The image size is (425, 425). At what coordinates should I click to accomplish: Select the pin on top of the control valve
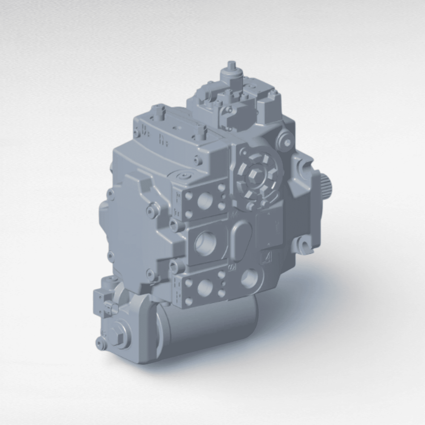coord(232,66)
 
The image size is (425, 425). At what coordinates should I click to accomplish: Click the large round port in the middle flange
coord(206,243)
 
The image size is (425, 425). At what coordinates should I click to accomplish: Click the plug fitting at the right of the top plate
coord(200,130)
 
